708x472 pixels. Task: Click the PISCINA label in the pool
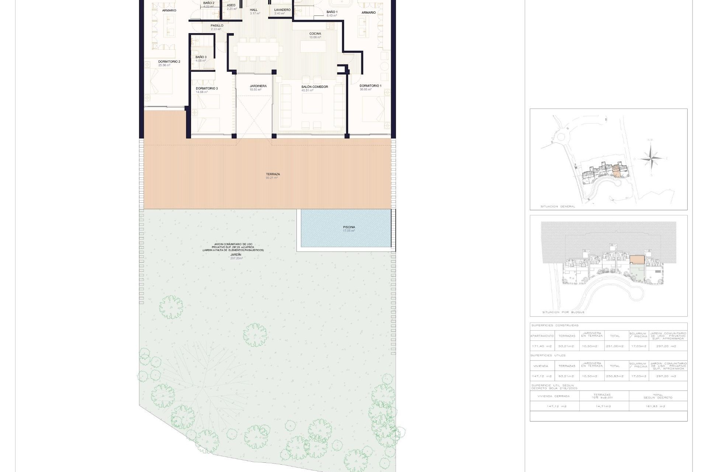tap(349, 227)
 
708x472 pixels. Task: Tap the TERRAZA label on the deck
tap(273, 174)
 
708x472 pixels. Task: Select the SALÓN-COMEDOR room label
tap(315, 87)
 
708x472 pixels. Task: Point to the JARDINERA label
tap(258, 86)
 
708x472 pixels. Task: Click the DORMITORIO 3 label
tap(206, 88)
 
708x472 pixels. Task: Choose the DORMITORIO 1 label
tap(370, 86)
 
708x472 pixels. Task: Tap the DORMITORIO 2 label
tap(169, 62)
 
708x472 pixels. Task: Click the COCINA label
tap(315, 34)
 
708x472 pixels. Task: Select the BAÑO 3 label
tap(201, 57)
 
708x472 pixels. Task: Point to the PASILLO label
tap(217, 26)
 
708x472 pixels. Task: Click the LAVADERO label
tap(282, 10)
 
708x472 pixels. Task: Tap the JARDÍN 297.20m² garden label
tap(236, 255)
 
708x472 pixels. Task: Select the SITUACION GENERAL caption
tap(558, 206)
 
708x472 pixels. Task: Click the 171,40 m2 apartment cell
tap(542, 346)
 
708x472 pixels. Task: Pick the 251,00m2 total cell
tap(615, 346)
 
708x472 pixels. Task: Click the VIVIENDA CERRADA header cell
tap(553, 396)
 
